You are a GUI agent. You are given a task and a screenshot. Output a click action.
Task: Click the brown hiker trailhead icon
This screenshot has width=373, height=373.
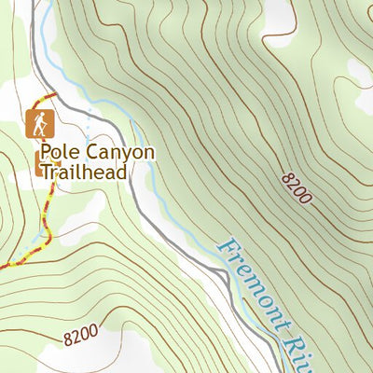click(x=38, y=122)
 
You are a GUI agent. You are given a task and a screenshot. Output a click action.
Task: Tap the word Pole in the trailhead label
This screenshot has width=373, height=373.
click(x=57, y=152)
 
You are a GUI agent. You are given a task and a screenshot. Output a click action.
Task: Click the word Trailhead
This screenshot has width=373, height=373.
click(x=82, y=173)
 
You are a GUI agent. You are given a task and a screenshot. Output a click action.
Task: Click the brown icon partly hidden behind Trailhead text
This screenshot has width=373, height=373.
click(x=40, y=165)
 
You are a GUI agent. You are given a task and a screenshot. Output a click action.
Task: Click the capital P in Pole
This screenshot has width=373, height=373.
click(x=45, y=152)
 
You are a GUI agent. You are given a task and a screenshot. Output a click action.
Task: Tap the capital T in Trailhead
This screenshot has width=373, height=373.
click(x=44, y=173)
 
